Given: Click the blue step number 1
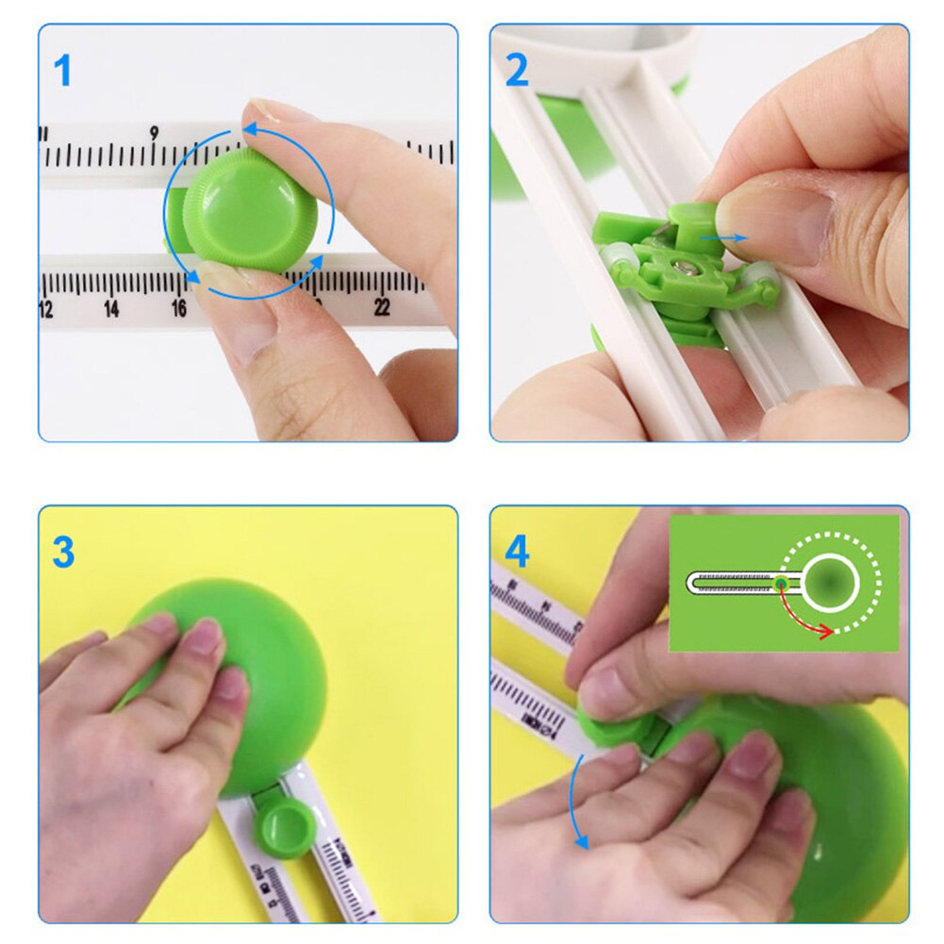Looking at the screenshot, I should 62,71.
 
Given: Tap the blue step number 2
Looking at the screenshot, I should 517,71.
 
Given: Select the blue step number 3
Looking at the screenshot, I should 63,553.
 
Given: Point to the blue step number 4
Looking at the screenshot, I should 517,553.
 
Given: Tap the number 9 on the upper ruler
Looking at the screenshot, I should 154,133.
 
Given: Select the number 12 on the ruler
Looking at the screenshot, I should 46,309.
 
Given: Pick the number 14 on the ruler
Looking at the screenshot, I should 111,309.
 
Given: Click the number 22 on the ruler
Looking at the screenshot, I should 382,306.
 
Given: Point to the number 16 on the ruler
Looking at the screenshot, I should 178,308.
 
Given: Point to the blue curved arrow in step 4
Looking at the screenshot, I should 573,802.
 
